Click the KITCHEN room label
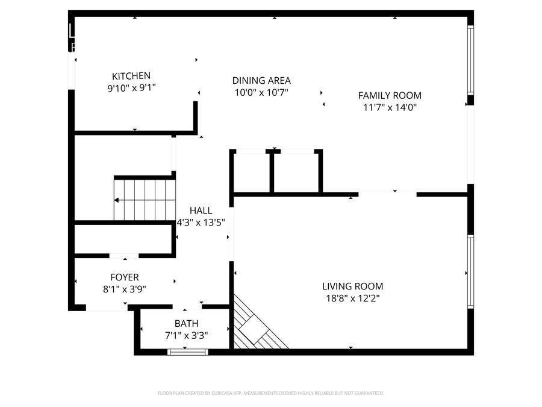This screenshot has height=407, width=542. [x=131, y=76]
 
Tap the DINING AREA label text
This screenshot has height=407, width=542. [x=261, y=80]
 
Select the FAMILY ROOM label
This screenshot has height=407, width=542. [x=390, y=95]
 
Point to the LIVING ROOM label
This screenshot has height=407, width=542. [x=352, y=286]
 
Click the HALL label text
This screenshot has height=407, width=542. [x=201, y=210]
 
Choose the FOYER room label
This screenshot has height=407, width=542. [x=125, y=277]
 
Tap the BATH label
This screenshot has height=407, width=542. [x=186, y=324]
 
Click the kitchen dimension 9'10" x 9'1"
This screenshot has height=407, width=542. [x=131, y=88]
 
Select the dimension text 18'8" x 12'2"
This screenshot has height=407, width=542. [x=352, y=298]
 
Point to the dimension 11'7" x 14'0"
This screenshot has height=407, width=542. [x=390, y=107]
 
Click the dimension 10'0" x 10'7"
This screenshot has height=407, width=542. [x=261, y=92]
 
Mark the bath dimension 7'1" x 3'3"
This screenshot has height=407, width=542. [x=186, y=335]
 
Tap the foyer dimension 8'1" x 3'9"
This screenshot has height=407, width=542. [x=125, y=289]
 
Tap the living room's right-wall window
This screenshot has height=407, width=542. [x=471, y=272]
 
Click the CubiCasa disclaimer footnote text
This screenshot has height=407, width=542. [x=270, y=393]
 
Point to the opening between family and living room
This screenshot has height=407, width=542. [x=387, y=194]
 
